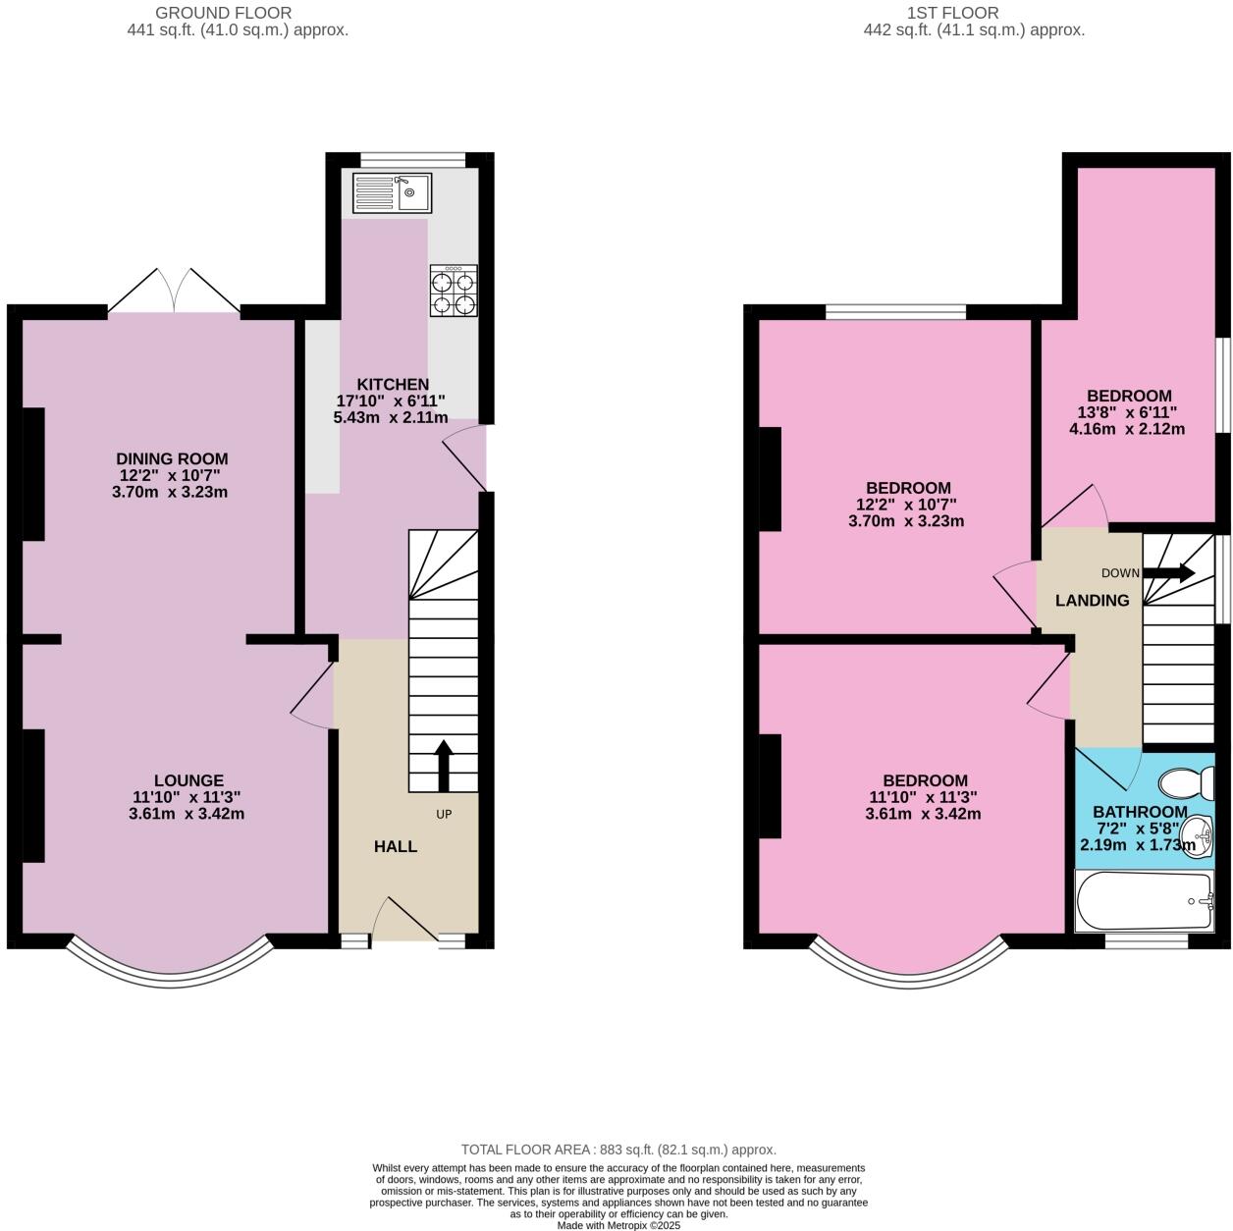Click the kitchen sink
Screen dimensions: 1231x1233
pos(392,192)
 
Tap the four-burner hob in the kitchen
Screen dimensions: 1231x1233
pos(454,291)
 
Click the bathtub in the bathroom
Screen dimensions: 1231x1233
pos(1145,902)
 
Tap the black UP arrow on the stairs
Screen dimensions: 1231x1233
pos(444,766)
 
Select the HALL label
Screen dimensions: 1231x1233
pos(396,846)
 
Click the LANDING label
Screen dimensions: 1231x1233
pos(1092,601)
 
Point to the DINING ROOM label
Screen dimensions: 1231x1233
pos(172,458)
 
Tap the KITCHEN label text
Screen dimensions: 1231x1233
pos(393,384)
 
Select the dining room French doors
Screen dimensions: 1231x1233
pos(174,292)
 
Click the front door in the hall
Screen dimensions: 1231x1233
pos(405,923)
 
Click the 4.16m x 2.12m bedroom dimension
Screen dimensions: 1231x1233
pos(1126,429)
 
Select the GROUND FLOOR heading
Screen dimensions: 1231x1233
pos(224,13)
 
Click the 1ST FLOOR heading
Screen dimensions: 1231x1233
pos(954,13)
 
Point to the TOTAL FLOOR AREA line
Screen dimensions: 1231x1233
pos(618,1150)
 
